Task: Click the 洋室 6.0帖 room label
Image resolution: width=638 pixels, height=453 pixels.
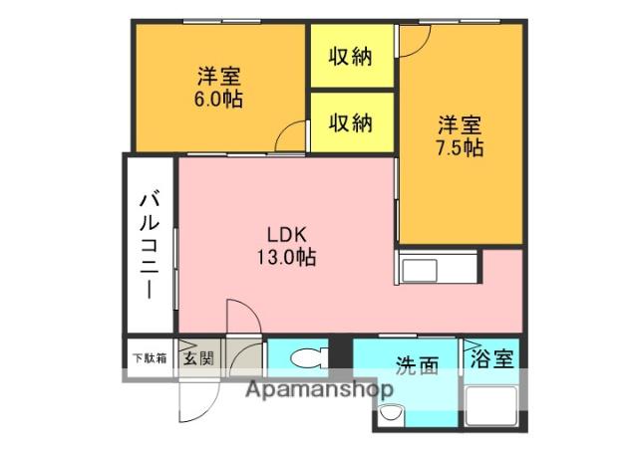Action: pos(219,88)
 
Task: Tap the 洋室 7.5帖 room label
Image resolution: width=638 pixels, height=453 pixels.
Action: pos(460,136)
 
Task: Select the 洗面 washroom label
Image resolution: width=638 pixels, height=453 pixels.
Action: pos(416,366)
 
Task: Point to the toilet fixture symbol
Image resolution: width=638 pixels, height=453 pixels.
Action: pos(308,356)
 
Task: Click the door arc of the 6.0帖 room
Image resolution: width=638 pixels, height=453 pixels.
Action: pos(291,137)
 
